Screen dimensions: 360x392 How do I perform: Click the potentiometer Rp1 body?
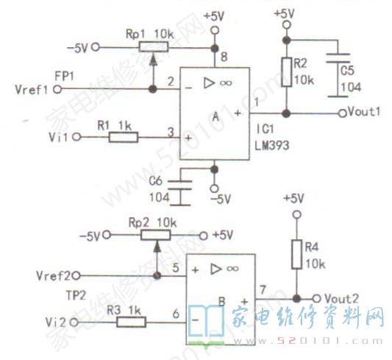pyautogui.click(x=152, y=49)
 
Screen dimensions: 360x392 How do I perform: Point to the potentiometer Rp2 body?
pyautogui.click(x=156, y=234)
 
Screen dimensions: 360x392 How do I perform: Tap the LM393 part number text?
pyautogui.click(x=273, y=147)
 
